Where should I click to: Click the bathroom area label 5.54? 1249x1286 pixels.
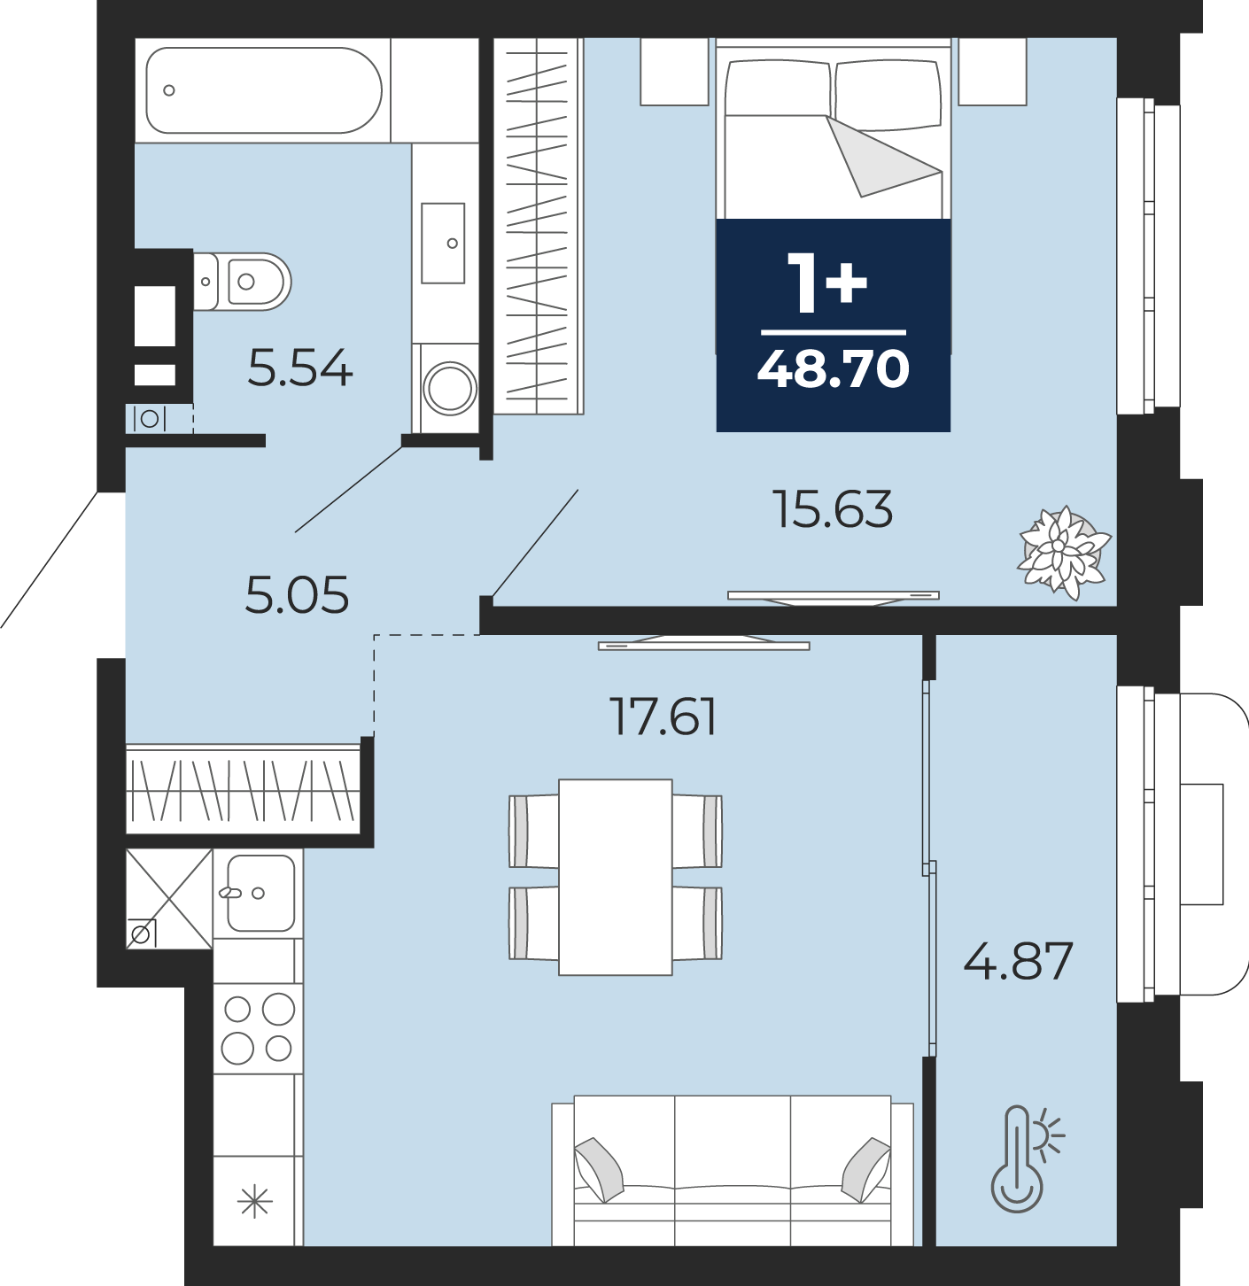click(300, 368)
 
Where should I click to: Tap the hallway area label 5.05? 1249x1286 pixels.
click(297, 595)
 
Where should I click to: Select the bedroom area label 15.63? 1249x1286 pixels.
click(833, 509)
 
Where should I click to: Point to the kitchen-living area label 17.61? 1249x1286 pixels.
click(663, 717)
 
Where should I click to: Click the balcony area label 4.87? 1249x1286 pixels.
click(1019, 962)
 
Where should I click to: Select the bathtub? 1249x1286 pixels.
click(264, 90)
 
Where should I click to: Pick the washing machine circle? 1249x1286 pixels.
click(450, 388)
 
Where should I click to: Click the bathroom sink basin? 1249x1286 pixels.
click(443, 244)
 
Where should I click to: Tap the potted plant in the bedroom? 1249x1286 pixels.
click(1064, 553)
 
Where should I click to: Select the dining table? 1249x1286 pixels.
click(616, 877)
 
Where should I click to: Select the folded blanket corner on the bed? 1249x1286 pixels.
click(879, 157)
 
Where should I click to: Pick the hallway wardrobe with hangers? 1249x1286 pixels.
click(244, 790)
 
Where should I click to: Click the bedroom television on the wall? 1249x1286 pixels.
click(834, 598)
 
